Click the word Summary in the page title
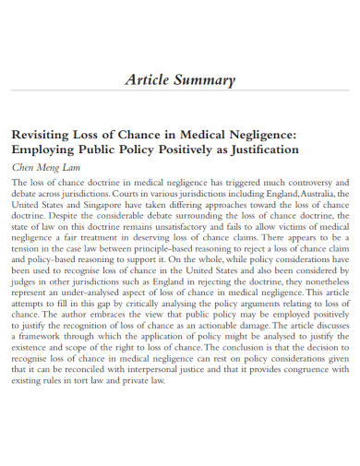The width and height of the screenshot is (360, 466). tap(208, 80)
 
